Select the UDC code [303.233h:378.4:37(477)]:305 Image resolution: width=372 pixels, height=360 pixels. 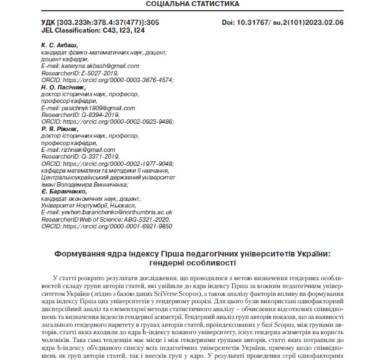tap(108, 22)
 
